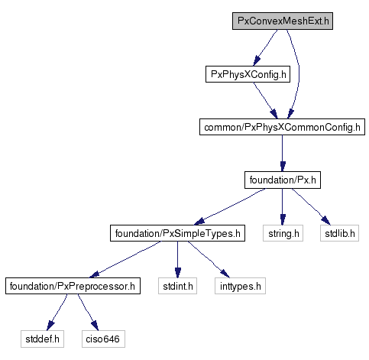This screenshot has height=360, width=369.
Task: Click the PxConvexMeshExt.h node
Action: (283, 21)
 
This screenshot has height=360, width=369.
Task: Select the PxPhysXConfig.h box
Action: (248, 74)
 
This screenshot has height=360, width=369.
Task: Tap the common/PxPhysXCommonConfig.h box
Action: (282, 127)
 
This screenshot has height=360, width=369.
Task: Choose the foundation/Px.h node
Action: (283, 180)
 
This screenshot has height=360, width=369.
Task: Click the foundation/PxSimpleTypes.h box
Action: (177, 233)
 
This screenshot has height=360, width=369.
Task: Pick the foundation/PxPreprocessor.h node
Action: (73, 286)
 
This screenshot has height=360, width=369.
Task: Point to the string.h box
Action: (283, 233)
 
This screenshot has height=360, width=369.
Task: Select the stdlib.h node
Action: (339, 233)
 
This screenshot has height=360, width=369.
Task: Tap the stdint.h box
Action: (177, 286)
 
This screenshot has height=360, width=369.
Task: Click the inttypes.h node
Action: (240, 286)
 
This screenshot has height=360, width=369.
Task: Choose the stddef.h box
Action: (42, 339)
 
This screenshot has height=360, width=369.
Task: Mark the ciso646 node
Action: (103, 339)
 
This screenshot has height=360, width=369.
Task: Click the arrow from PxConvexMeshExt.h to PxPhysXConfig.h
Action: (265, 47)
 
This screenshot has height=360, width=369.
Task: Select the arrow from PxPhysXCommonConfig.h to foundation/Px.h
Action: (282, 153)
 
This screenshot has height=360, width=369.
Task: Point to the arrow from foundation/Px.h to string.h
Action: (283, 206)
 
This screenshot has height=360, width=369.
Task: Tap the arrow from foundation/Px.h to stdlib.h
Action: (311, 207)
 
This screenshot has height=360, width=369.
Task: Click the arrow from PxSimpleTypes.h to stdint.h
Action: (177, 259)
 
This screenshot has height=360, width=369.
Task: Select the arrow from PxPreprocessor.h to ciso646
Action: (88, 313)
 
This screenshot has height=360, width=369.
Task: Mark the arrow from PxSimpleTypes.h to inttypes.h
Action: (209, 260)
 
